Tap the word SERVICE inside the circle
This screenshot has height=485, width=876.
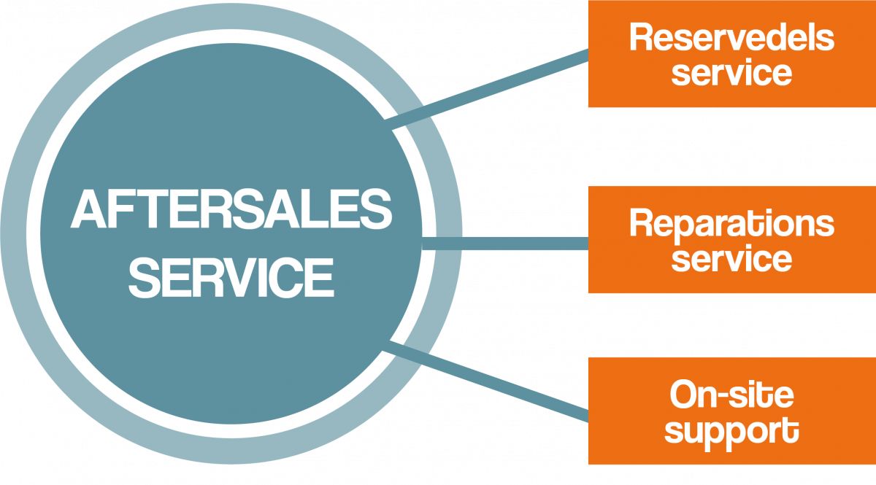point(231,277)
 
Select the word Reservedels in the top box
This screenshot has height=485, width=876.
point(731,38)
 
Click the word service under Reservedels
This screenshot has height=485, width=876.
point(731,72)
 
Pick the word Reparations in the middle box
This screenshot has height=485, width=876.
point(731,224)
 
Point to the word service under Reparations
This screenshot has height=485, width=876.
point(731,258)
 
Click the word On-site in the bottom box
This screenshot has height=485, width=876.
point(731,396)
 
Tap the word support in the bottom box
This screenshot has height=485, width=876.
point(731,430)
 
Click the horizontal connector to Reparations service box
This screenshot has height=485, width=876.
point(526,242)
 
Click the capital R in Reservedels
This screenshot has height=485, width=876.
point(640,38)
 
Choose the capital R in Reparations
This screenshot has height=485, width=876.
point(640,224)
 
